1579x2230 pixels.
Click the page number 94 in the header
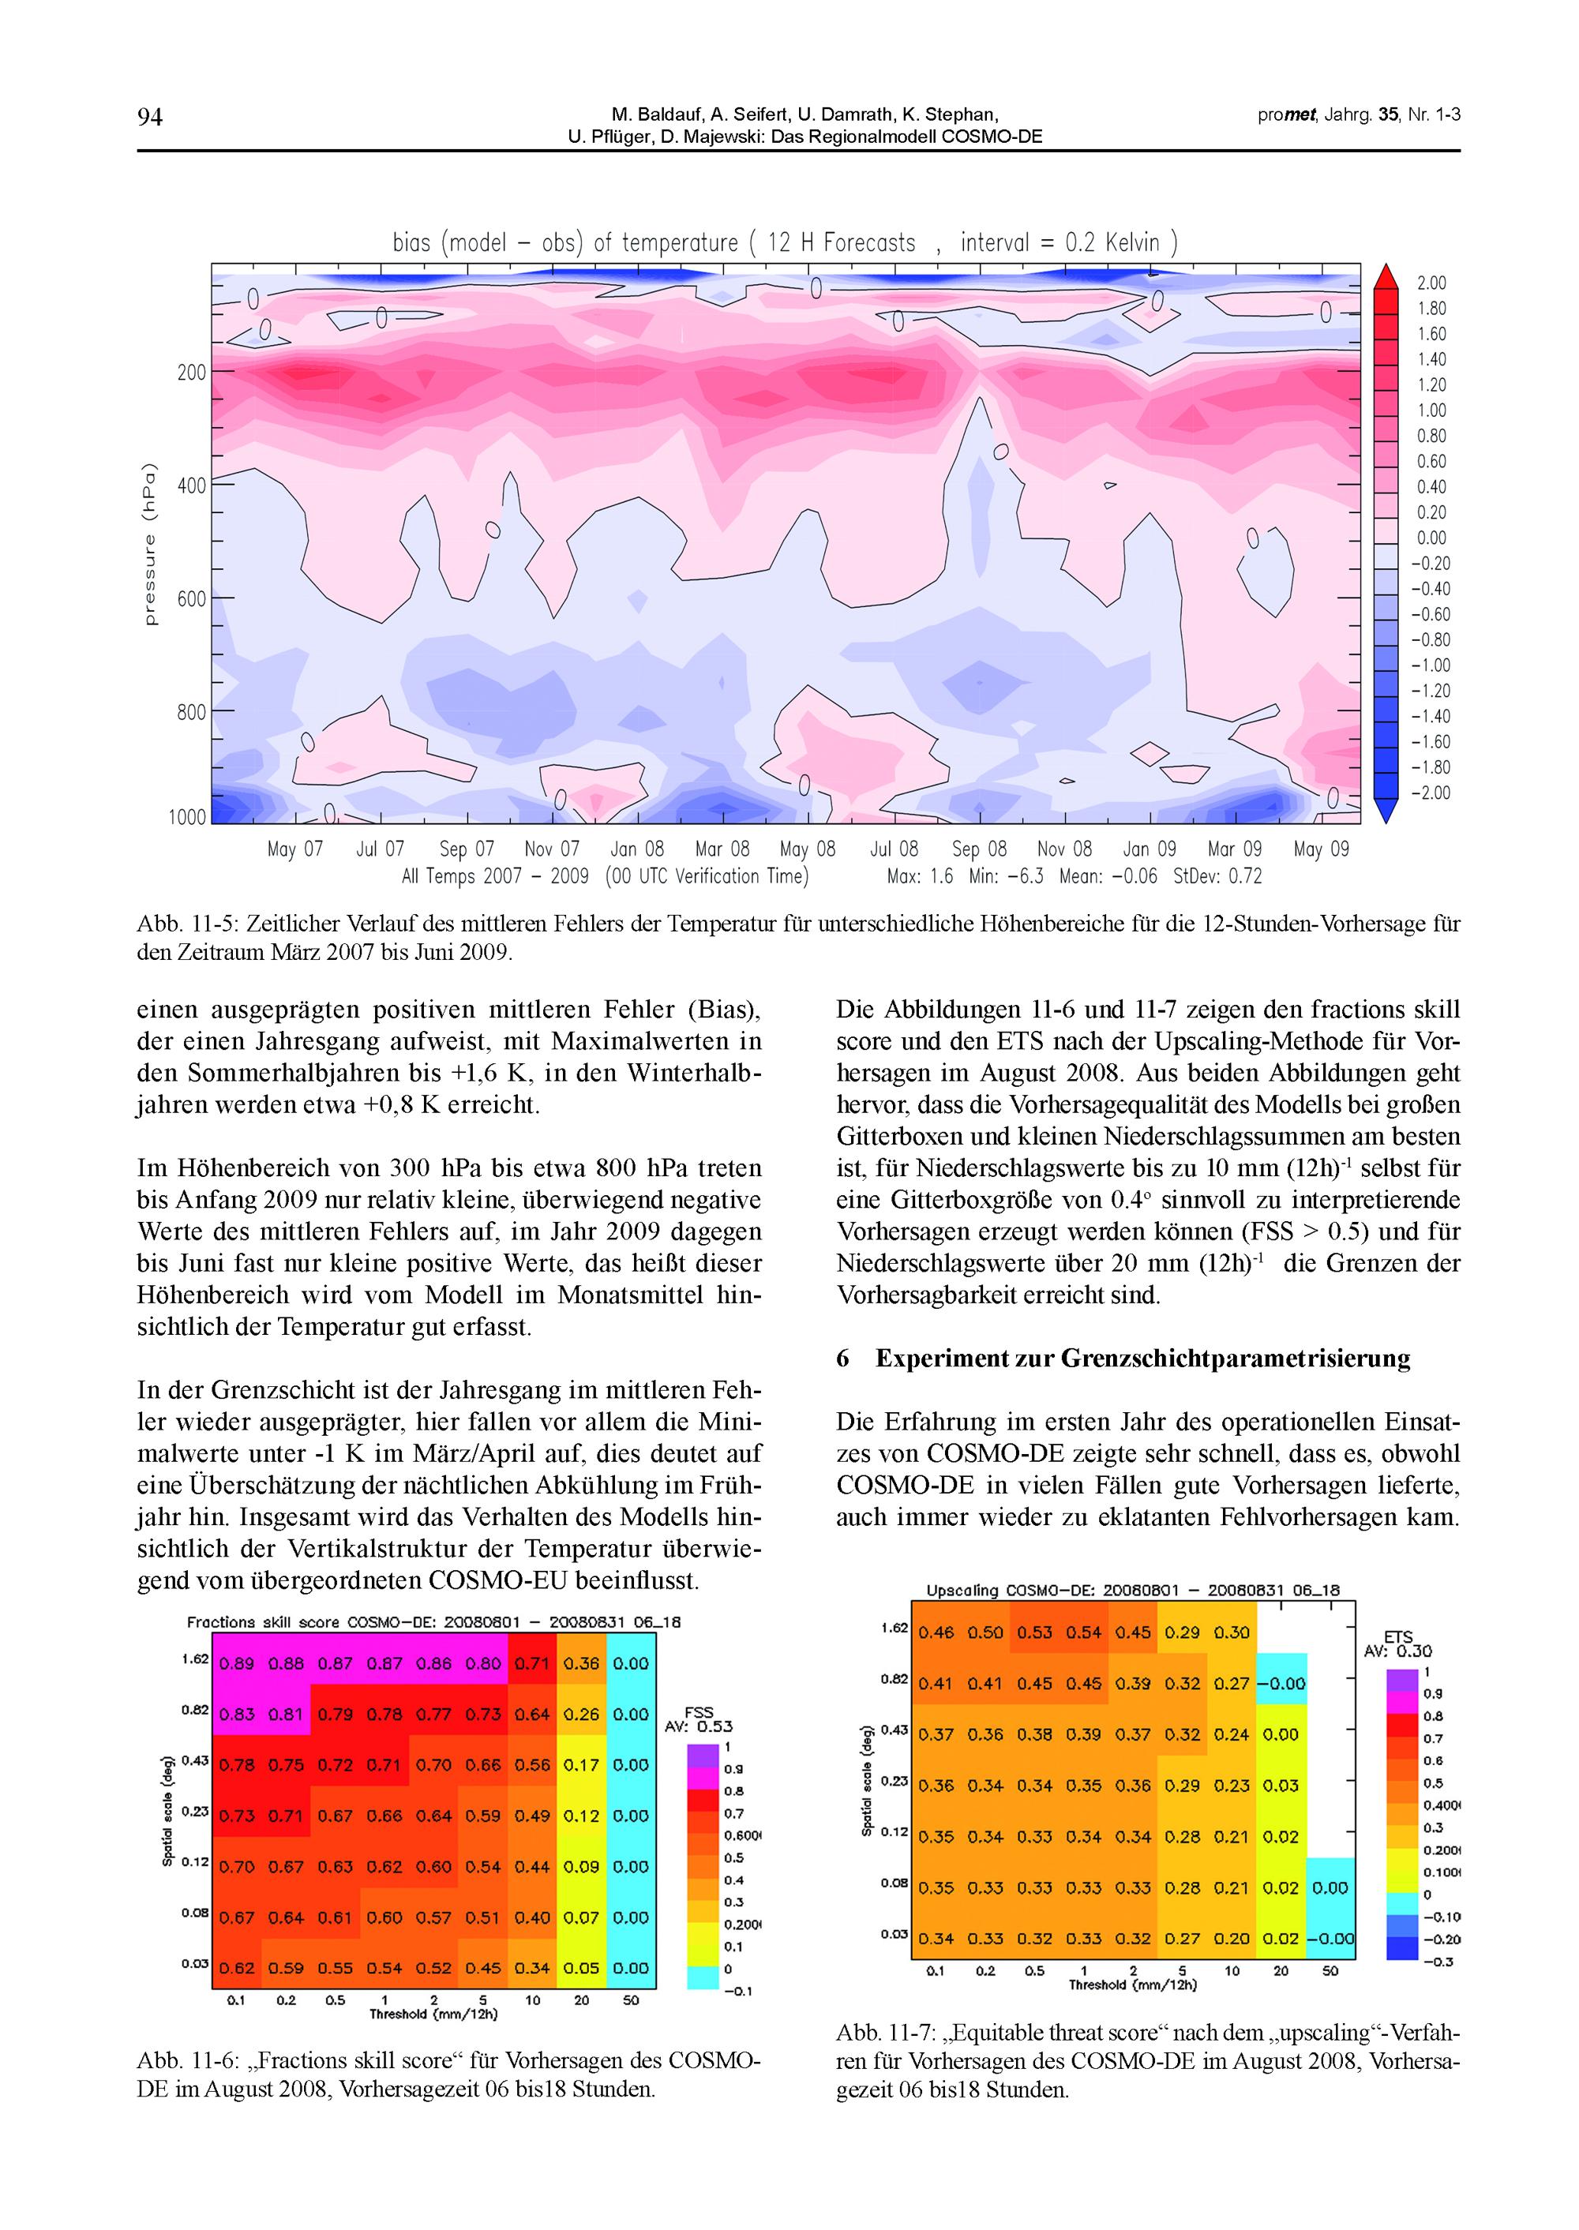tap(150, 118)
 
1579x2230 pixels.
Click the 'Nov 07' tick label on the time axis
tap(551, 849)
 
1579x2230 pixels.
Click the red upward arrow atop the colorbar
tap(1385, 276)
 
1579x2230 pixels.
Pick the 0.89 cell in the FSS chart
tap(237, 1663)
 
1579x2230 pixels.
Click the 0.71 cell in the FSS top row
tap(532, 1663)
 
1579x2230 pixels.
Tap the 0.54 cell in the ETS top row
tap(1083, 1632)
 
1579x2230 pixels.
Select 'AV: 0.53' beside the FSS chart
tap(698, 1726)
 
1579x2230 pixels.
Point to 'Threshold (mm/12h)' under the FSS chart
tap(433, 2014)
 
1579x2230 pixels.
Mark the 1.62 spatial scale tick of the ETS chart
tap(895, 1627)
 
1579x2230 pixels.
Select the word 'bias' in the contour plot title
tap(411, 243)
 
